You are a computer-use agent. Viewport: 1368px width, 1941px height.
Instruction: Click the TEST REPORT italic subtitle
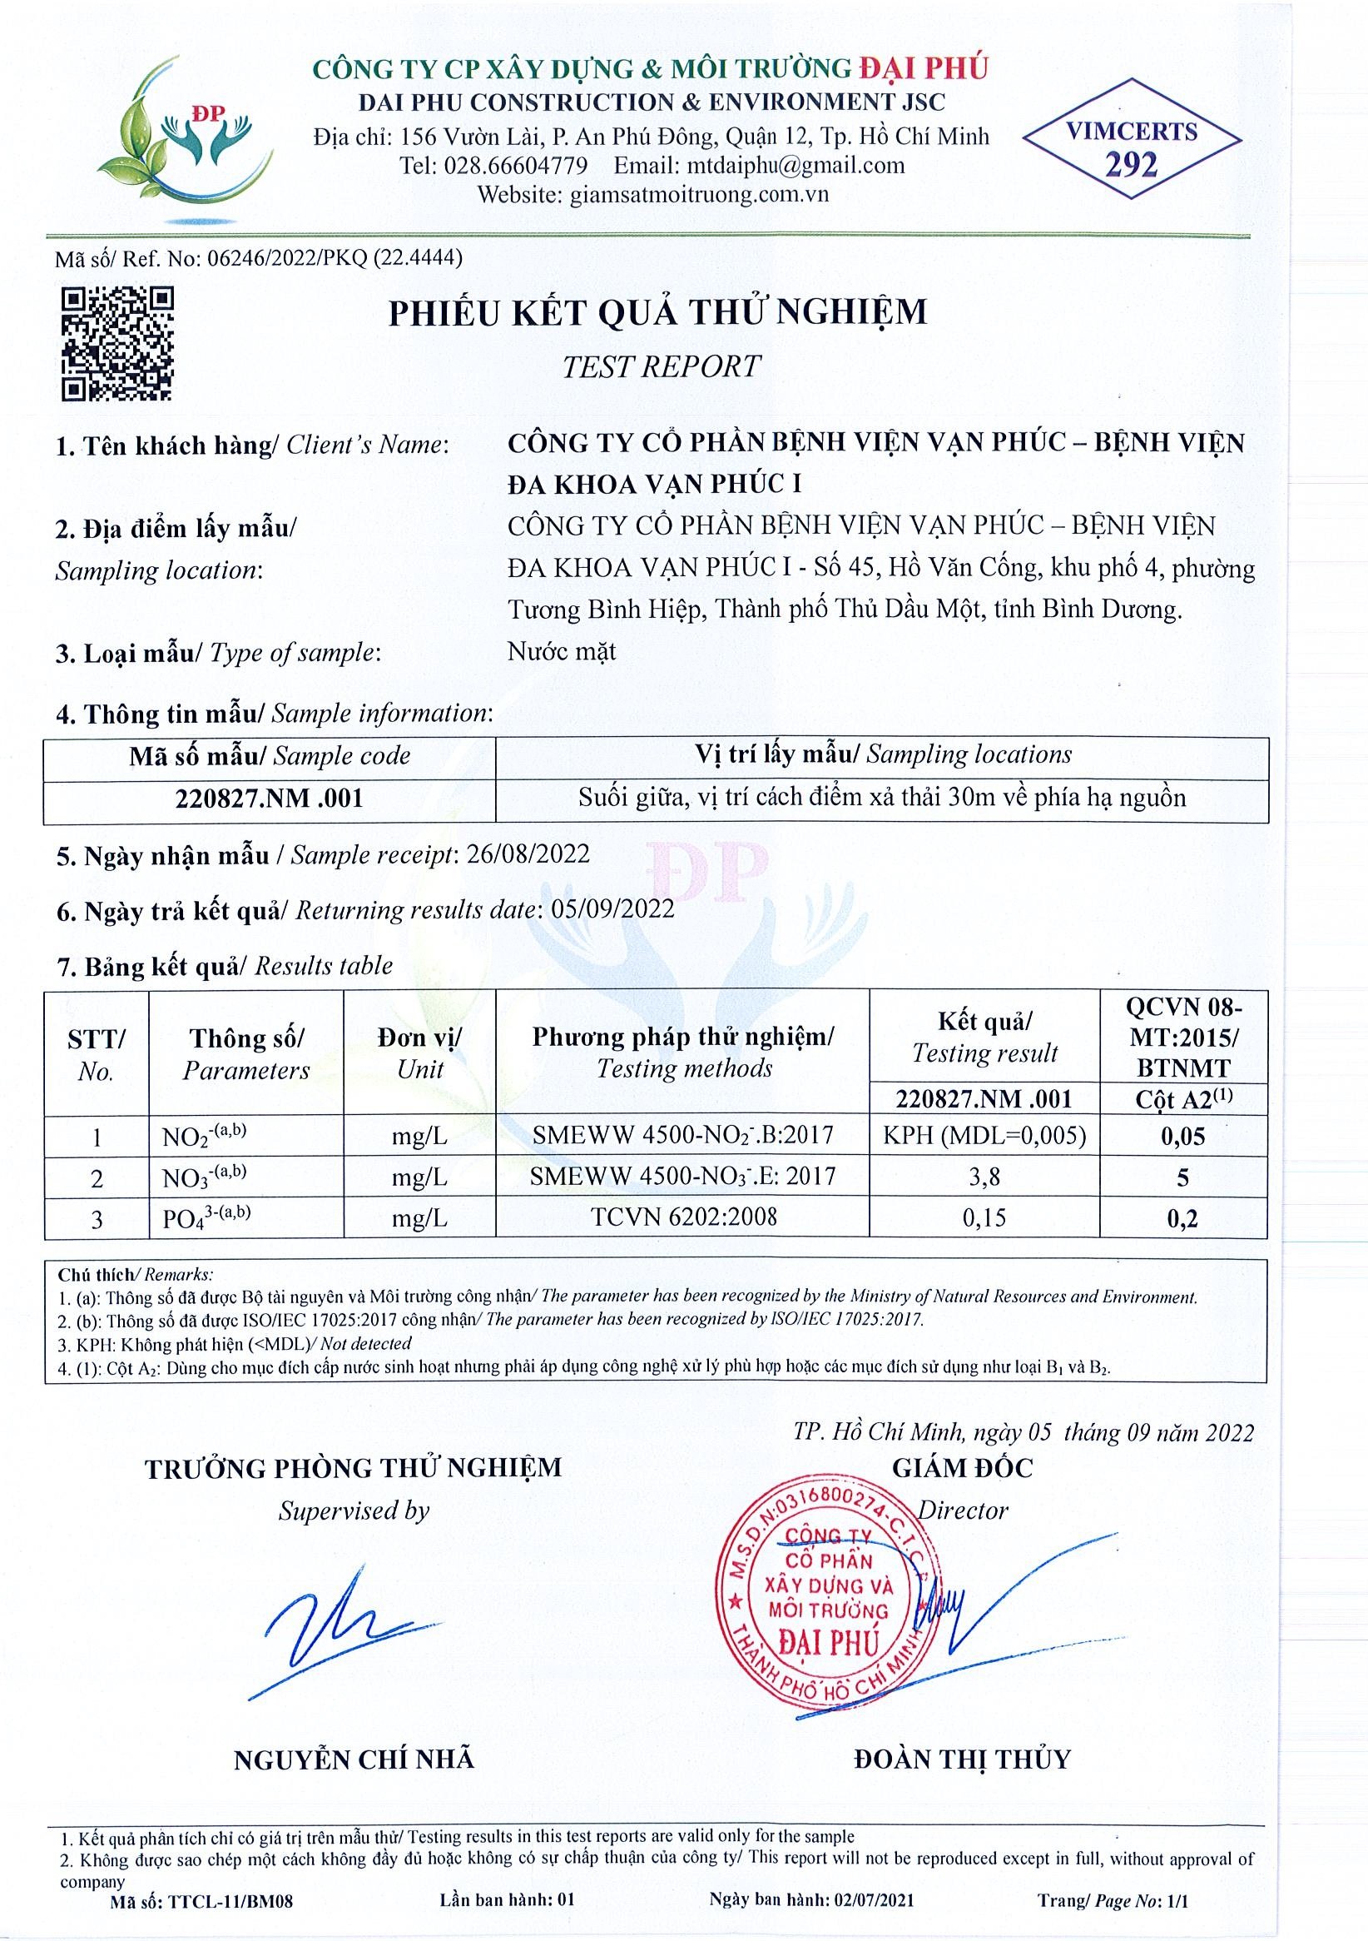point(661,366)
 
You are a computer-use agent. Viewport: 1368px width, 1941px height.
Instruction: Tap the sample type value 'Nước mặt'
point(562,652)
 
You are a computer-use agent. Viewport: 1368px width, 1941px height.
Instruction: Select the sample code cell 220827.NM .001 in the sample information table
point(270,798)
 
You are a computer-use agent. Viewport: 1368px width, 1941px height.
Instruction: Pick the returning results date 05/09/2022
point(612,909)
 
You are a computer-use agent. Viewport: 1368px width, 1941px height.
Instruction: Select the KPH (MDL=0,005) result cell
point(984,1135)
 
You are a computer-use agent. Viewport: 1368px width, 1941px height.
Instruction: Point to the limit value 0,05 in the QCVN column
point(1183,1136)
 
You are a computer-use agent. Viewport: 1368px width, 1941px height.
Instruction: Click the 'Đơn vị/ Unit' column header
point(420,1053)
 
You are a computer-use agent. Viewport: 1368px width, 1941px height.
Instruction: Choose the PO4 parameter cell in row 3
point(206,1218)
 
